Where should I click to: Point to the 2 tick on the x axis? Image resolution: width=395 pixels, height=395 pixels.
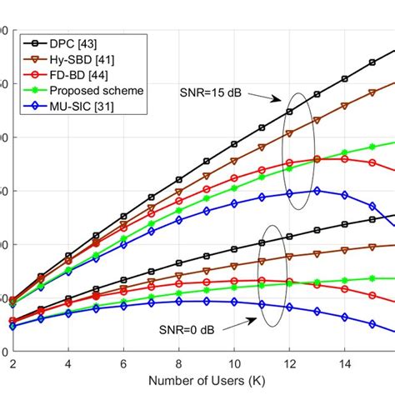pyautogui.click(x=13, y=364)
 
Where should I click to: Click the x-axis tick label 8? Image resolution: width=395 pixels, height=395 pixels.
pyautogui.click(x=178, y=364)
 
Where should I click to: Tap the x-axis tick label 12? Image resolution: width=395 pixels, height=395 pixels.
pyautogui.click(x=288, y=364)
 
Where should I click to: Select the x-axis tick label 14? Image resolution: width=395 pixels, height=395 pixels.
pyautogui.click(x=343, y=364)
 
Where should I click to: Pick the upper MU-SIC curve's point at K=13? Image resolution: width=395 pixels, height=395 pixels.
pyautogui.click(x=317, y=190)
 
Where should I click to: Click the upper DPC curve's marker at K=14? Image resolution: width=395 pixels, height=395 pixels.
pyautogui.click(x=344, y=79)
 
